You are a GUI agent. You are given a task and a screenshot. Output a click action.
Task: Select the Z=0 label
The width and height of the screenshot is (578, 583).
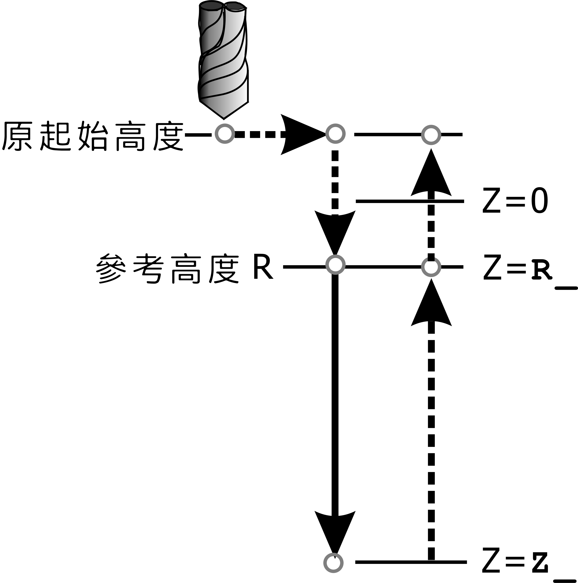click(x=515, y=201)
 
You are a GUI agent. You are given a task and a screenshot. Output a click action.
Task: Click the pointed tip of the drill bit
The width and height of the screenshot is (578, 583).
click(x=224, y=118)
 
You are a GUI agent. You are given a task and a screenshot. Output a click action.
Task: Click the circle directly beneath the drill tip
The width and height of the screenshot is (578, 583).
click(x=225, y=134)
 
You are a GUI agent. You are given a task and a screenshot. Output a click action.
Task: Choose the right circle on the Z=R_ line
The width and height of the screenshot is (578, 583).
click(x=431, y=267)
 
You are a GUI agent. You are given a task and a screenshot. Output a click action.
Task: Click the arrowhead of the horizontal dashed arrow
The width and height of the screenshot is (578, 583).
click(x=302, y=134)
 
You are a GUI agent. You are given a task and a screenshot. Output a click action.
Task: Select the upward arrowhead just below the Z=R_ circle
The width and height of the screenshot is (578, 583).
click(x=431, y=305)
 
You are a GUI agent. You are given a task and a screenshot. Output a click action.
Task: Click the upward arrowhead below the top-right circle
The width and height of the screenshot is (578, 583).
click(x=431, y=175)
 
